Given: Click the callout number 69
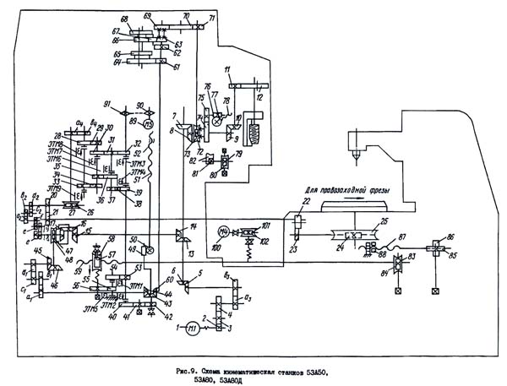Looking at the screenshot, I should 147,16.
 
